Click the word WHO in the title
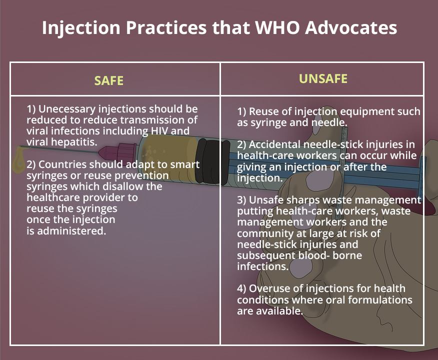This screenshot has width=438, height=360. click(x=277, y=27)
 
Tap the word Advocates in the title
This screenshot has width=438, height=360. click(x=351, y=27)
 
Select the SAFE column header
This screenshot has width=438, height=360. click(x=108, y=80)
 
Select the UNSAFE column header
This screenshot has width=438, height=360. click(x=323, y=79)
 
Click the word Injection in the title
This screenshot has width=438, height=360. click(x=81, y=28)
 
